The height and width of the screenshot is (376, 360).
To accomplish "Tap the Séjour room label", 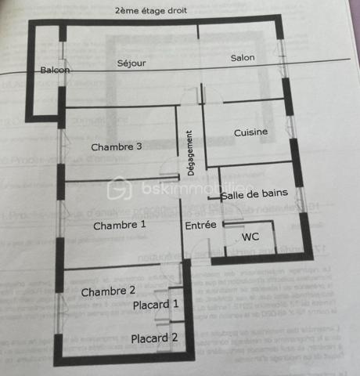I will (x=131, y=63).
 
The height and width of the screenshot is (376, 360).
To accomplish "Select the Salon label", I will (x=242, y=59).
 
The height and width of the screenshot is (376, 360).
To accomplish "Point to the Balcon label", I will (x=56, y=70).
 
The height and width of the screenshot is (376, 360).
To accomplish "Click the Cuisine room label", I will (x=250, y=132).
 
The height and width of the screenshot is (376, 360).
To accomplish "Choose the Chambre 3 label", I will (x=117, y=147).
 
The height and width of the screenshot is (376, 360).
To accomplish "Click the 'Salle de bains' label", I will (x=254, y=194).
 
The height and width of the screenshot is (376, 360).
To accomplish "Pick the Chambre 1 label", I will (x=120, y=226).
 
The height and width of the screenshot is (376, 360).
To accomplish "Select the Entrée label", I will (x=200, y=226).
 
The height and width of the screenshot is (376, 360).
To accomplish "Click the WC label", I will (x=250, y=237).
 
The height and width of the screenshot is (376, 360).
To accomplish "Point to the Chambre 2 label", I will (x=108, y=291).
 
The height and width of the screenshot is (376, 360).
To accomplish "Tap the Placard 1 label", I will (x=156, y=305).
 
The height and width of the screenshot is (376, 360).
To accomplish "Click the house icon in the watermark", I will (x=120, y=188).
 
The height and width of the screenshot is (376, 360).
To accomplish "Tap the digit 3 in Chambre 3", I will (x=139, y=147).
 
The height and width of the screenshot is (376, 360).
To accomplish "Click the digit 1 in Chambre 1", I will (x=142, y=226).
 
